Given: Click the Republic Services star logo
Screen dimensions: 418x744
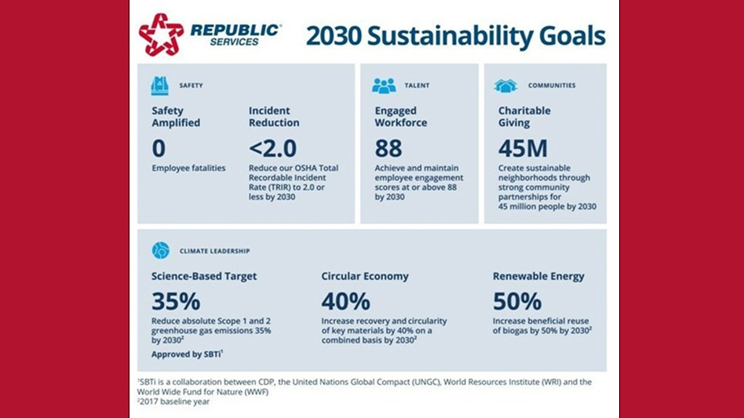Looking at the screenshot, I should [x=161, y=34].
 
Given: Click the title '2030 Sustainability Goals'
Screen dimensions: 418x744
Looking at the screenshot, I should [x=455, y=36].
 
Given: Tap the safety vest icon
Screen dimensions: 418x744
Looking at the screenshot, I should [x=160, y=85].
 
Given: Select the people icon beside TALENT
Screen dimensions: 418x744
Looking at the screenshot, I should [x=384, y=85].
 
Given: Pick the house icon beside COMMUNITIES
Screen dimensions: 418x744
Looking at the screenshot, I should [x=505, y=85].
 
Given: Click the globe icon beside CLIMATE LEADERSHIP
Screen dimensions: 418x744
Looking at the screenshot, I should [x=160, y=250].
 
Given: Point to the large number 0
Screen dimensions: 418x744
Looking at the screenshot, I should [x=159, y=147].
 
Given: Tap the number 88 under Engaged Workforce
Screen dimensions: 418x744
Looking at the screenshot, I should [x=388, y=147].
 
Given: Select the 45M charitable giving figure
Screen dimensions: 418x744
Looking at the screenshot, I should [x=523, y=147].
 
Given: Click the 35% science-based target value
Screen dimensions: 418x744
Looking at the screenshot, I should [x=176, y=301].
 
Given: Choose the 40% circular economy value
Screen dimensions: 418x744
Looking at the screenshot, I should [x=346, y=301].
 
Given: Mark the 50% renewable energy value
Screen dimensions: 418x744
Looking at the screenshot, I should [x=516, y=301].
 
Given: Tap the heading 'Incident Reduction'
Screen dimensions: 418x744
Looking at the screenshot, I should [x=274, y=117].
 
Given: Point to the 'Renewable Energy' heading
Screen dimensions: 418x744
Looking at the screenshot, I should [x=538, y=276].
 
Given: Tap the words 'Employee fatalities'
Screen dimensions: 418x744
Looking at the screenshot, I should [x=188, y=168].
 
